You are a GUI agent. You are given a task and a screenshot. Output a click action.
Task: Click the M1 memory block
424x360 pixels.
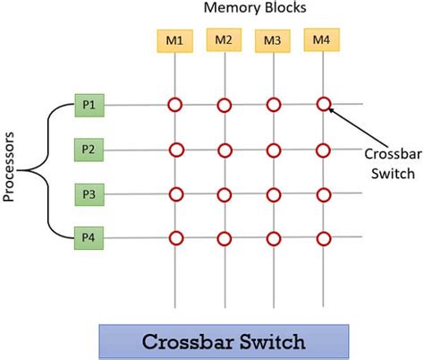[175, 41]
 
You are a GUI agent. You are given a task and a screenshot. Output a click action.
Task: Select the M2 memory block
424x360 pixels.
[224, 39]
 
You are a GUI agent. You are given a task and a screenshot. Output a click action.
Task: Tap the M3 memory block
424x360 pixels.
[272, 41]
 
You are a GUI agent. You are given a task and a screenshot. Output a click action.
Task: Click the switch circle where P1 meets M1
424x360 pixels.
[175, 106]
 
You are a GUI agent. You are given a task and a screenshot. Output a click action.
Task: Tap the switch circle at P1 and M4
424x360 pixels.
[322, 105]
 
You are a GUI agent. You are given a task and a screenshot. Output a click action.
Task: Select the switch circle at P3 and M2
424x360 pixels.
[224, 193]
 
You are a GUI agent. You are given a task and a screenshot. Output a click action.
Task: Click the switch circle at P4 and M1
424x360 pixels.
[175, 237]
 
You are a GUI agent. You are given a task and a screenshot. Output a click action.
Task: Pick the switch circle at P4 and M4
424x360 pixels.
[322, 237]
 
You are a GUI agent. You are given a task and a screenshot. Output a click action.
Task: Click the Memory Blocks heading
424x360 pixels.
[254, 10]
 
